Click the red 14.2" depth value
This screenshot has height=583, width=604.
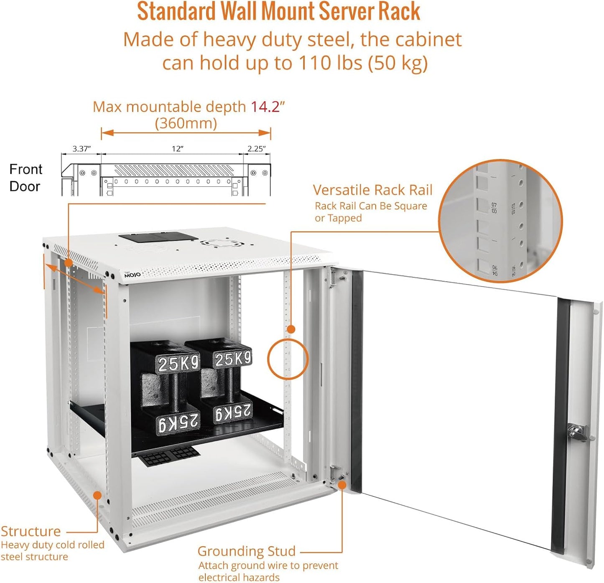point(267,107)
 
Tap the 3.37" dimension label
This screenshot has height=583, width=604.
point(81,149)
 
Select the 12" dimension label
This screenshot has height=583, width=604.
point(178,149)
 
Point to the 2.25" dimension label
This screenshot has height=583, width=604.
point(256,149)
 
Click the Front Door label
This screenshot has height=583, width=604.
point(25,178)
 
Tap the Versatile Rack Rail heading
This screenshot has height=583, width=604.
point(372,190)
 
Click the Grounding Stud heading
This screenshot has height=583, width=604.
point(246,551)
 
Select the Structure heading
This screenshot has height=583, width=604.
point(31,531)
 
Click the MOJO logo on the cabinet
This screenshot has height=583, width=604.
point(133,275)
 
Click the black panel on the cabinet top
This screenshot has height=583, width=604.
point(158,237)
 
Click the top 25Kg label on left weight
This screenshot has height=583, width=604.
point(178,363)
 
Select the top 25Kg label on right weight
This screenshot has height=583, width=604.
point(233,359)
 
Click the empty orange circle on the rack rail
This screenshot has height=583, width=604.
point(288,359)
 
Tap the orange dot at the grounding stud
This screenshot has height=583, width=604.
point(342,485)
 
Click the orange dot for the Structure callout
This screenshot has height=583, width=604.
point(97,495)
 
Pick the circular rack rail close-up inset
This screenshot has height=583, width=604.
point(500,221)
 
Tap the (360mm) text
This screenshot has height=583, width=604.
point(186,124)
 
